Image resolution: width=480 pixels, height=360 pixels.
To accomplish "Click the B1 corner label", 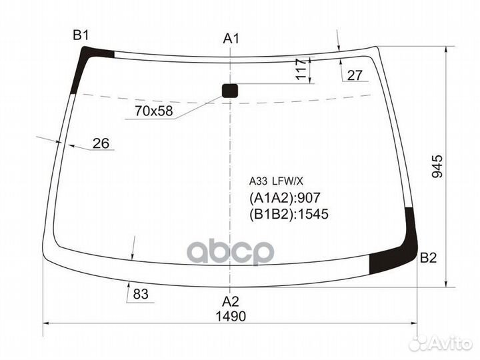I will coord(81,35).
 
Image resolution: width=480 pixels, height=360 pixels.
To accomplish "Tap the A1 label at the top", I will coord(231,39).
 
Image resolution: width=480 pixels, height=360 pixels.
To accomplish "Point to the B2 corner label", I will coord(428,259).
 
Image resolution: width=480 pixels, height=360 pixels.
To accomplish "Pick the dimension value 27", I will coord(355,75).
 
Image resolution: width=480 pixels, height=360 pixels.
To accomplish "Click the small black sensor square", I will coord(229,91).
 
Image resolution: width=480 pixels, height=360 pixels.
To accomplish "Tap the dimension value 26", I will coord(101,143).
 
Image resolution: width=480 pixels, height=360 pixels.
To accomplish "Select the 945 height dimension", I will coord(437,166).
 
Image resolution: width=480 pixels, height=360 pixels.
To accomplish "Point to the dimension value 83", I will coord(140,293).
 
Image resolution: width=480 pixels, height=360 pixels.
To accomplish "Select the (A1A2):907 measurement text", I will coord(285,197).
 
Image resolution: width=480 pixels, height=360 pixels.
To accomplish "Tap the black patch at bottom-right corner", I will coord(397,250).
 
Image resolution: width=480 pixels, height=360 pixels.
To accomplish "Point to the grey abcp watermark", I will coord(230,253).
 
